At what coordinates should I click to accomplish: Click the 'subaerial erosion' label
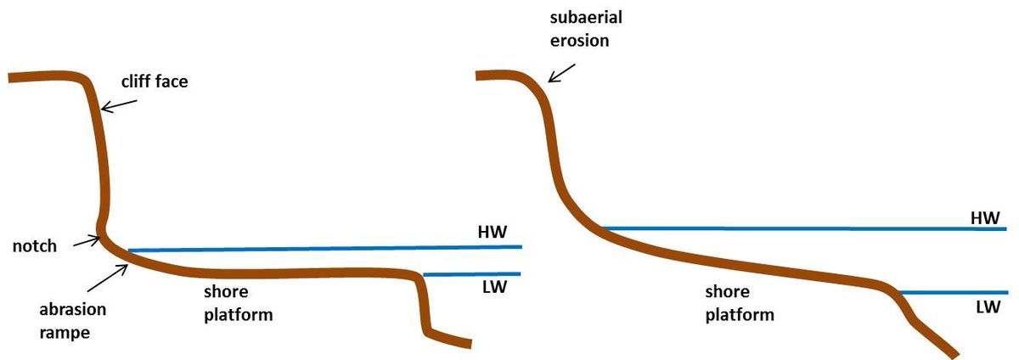(578, 28)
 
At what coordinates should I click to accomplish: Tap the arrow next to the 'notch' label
(85, 241)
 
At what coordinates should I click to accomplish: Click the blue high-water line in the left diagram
(323, 248)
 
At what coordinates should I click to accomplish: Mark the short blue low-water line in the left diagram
(471, 274)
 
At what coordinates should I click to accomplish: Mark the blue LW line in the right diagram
(951, 292)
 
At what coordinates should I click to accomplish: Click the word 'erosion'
(578, 39)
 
